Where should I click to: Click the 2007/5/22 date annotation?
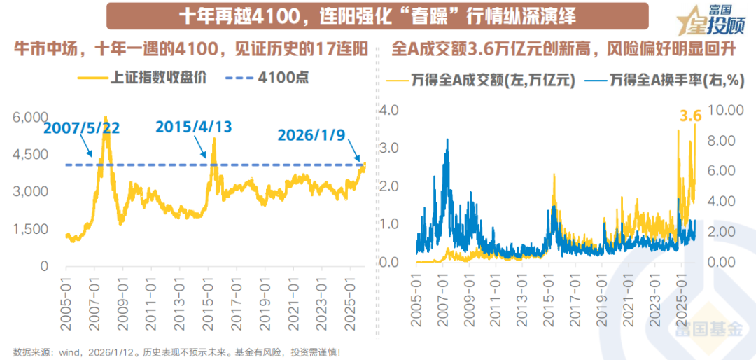[81, 128]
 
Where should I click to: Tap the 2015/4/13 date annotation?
[193, 127]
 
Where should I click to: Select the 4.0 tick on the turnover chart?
[388, 111]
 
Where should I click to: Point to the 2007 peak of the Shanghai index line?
[106, 118]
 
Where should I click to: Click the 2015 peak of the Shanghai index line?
[213, 139]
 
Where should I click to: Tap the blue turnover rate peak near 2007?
[447, 139]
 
